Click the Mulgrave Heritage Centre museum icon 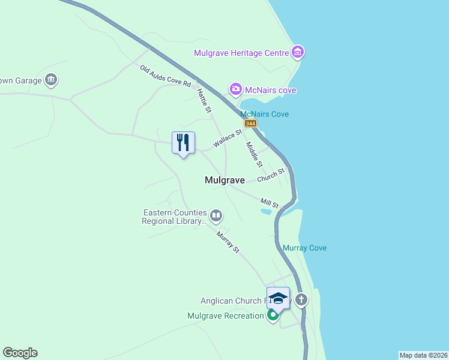(298, 53)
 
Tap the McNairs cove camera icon (236, 90)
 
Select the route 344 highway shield (250, 124)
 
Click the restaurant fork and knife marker (183, 143)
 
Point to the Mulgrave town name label (224, 180)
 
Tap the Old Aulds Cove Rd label (165, 76)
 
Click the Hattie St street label (205, 100)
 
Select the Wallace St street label (227, 140)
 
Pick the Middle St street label (254, 154)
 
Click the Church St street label (271, 176)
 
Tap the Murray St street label (228, 242)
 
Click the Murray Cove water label (304, 248)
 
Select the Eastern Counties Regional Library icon (216, 215)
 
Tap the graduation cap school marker (278, 298)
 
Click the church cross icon (301, 299)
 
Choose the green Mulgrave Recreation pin (273, 315)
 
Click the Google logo (20, 353)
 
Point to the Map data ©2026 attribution (423, 355)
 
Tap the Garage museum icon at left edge (51, 80)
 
